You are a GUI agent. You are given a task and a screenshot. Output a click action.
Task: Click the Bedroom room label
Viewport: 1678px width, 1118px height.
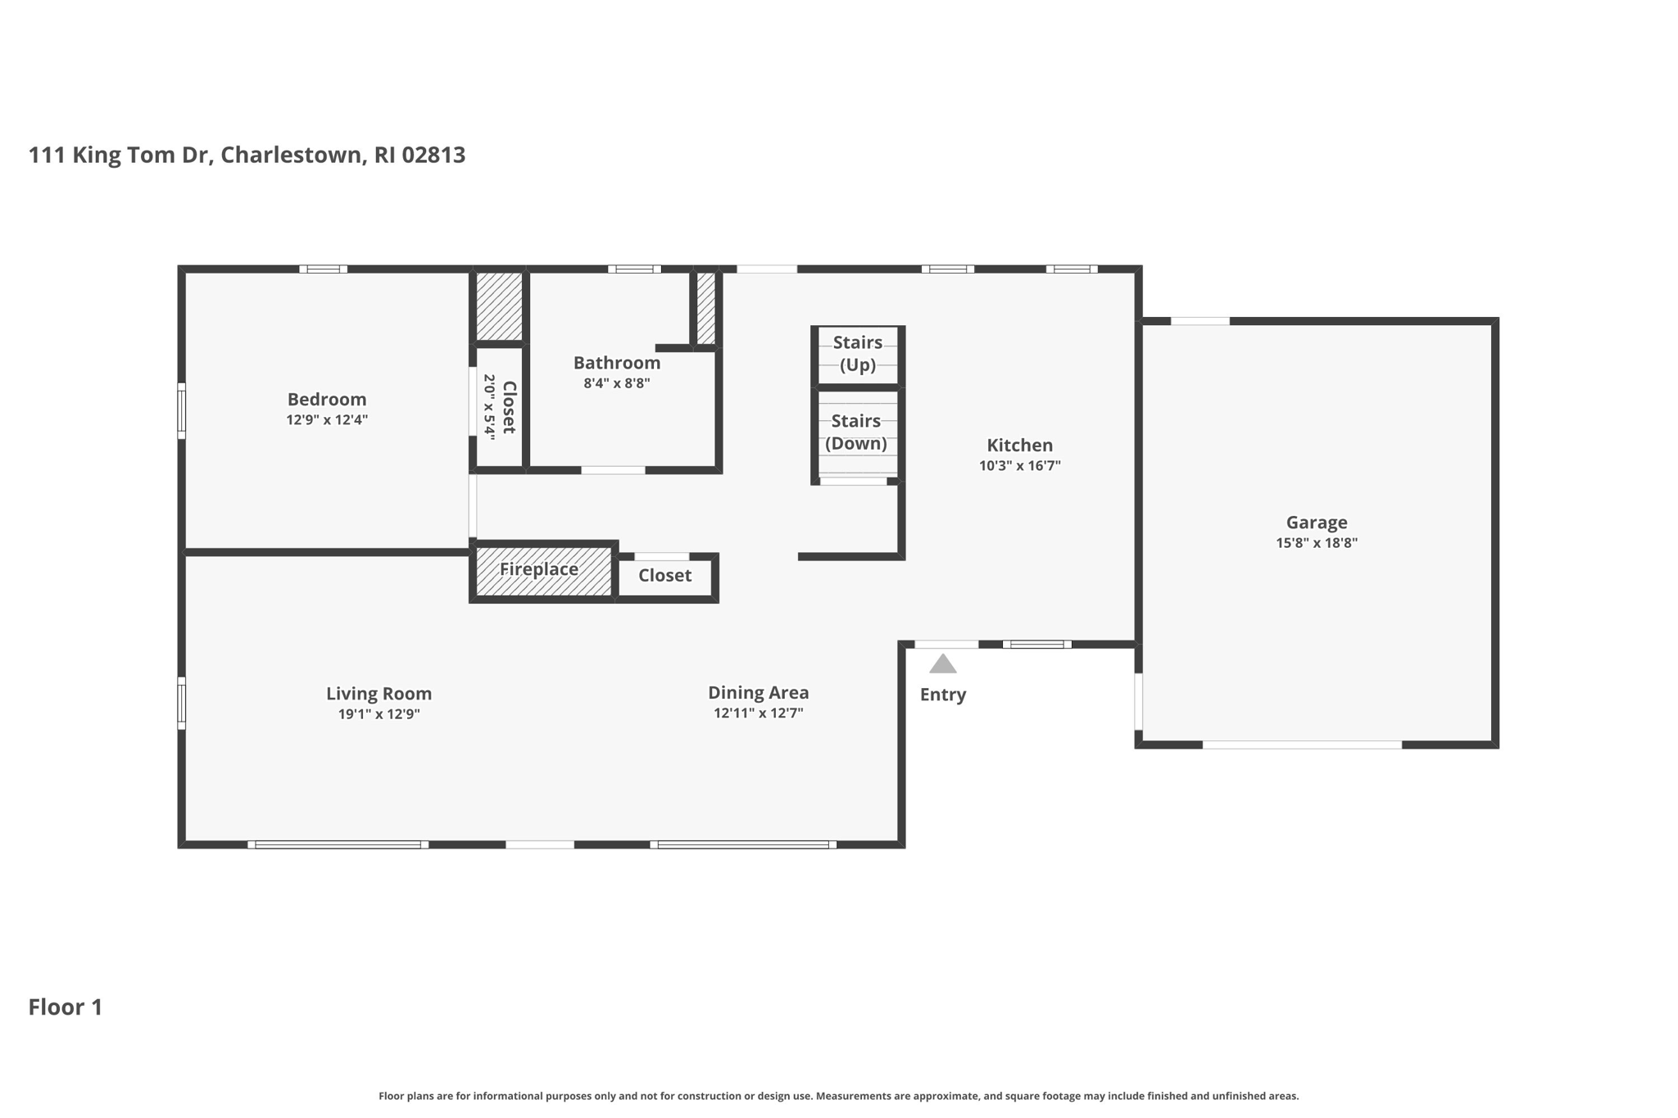click(326, 399)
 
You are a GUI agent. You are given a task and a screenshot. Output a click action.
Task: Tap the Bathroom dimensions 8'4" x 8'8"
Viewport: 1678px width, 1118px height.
click(616, 383)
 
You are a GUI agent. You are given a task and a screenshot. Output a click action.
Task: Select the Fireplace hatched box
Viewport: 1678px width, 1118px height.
click(542, 570)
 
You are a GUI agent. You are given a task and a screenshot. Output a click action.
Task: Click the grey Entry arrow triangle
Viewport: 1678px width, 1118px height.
click(942, 664)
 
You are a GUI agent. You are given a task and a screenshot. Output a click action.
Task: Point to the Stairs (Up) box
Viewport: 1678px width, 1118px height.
click(858, 354)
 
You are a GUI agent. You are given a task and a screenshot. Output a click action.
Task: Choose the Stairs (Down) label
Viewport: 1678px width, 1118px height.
click(855, 432)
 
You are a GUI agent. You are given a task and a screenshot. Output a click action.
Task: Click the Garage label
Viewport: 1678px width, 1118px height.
click(1316, 523)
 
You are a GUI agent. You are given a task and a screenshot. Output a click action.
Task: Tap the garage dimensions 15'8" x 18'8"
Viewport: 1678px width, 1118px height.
click(1316, 543)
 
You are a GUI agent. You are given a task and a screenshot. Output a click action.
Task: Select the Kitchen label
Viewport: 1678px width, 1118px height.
click(1019, 446)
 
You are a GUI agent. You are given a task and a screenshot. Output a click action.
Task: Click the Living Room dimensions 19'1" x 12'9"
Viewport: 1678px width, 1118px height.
click(379, 714)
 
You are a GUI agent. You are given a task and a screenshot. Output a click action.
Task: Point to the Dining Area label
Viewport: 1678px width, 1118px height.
click(758, 693)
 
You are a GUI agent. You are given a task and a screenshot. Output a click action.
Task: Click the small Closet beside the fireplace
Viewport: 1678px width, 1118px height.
click(664, 576)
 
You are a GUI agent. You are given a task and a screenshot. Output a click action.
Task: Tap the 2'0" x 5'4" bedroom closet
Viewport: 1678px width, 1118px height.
click(498, 407)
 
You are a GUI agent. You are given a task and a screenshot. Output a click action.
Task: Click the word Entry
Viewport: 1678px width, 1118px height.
click(942, 695)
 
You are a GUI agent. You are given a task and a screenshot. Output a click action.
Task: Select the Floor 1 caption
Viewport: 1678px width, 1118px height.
click(66, 1007)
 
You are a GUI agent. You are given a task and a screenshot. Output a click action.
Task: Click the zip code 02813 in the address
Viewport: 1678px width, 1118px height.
click(433, 155)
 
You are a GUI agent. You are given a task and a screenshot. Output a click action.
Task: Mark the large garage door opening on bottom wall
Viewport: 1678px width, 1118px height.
click(1302, 745)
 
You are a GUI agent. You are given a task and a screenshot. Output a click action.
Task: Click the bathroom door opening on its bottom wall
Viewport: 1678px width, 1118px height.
click(613, 470)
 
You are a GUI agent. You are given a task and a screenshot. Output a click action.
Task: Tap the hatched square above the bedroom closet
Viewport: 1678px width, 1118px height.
click(499, 306)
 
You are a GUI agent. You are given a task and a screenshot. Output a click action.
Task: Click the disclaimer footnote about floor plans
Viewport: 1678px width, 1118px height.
click(838, 1096)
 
